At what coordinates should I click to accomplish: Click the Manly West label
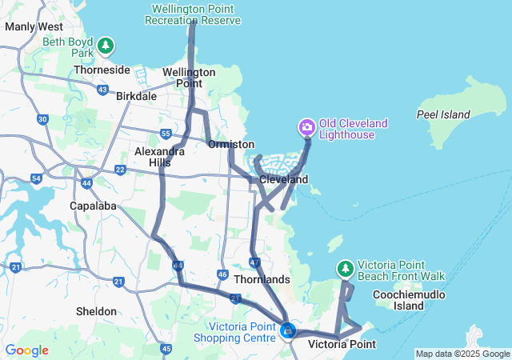pos(34,26)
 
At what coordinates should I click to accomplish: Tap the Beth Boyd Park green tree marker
pos(106,46)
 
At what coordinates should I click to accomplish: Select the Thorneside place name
pos(102,70)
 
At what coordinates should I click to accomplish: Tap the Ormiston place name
pos(230,145)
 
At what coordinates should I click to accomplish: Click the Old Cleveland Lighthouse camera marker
pos(306,127)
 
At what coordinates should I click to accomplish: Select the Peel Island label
pos(443,114)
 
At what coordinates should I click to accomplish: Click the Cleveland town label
pos(283,180)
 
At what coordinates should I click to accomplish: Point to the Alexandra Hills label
pos(153,156)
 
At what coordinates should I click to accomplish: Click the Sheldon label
pos(96,311)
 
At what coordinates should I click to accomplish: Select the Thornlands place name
pos(262,279)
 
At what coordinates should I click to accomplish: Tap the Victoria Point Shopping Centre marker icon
pos(287,329)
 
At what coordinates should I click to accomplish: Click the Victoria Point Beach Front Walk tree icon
pos(346,268)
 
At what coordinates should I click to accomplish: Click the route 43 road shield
pos(102,90)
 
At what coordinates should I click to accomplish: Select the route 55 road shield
pos(166,133)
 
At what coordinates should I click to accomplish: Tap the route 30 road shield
pos(42,119)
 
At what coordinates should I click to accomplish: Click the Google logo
pos(27,350)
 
